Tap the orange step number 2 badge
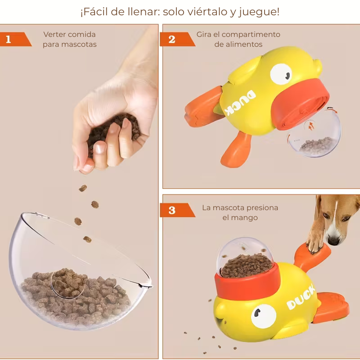pos(172,39)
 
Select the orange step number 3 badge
pos(172,210)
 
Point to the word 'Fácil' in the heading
pos(97,12)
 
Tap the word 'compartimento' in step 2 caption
pos(251,34)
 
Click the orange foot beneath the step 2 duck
pos(236,148)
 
